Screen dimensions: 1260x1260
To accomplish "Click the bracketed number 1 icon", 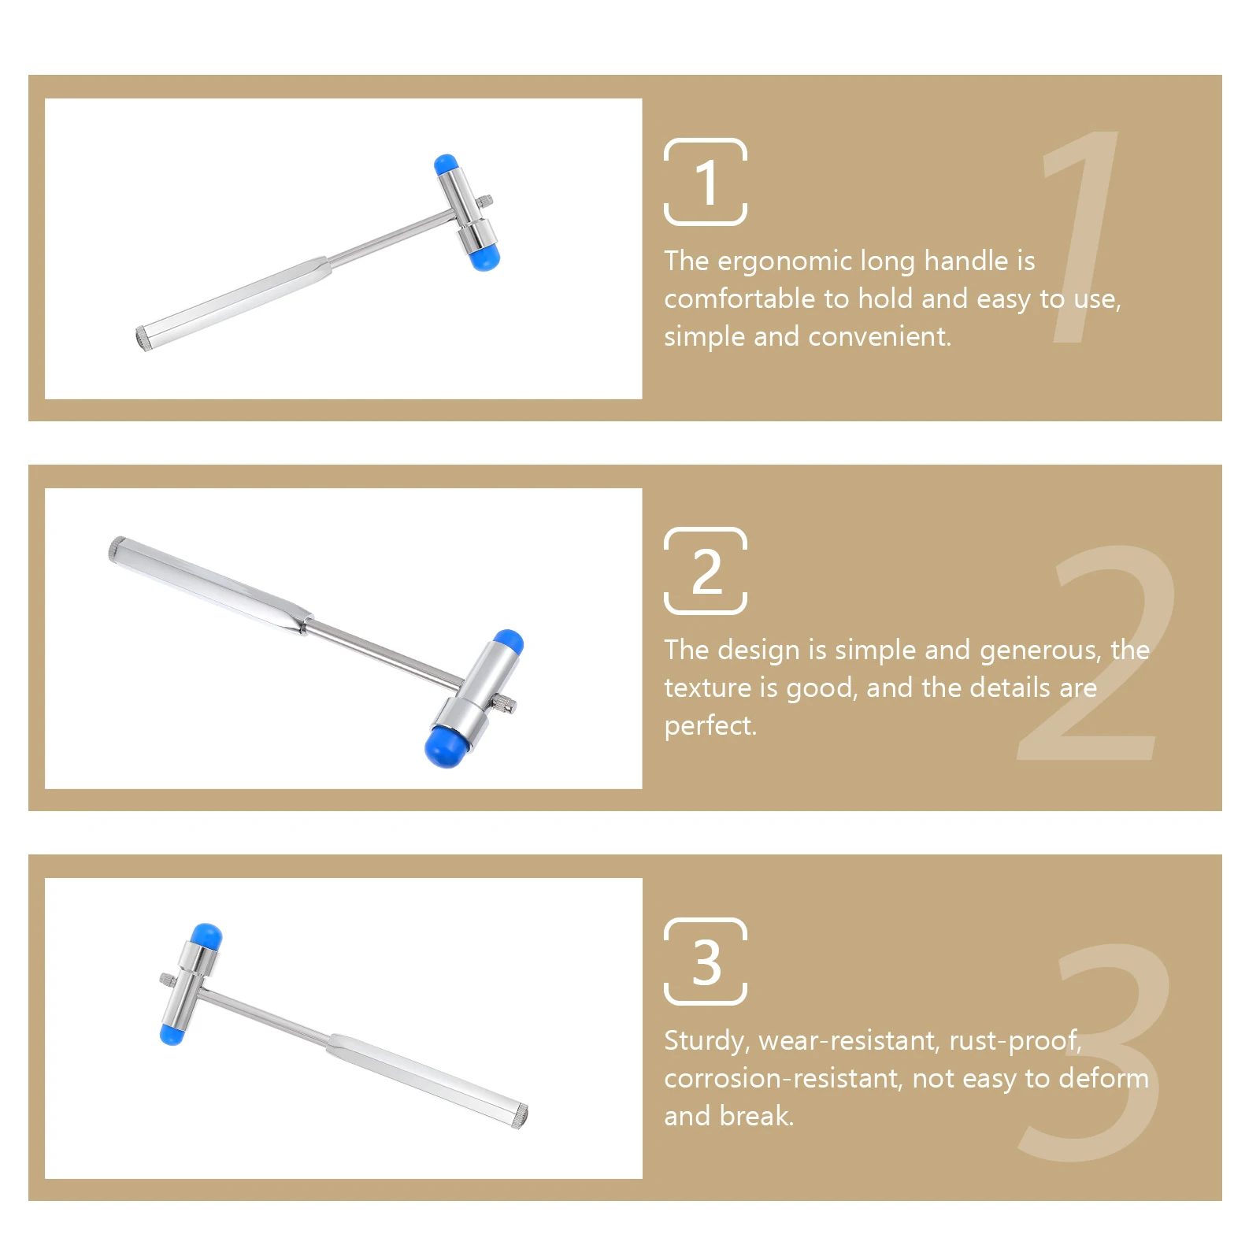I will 705,182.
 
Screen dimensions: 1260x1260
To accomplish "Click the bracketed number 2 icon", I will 705,571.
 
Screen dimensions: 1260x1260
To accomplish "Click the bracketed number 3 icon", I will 705,962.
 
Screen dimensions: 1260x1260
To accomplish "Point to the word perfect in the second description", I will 709,726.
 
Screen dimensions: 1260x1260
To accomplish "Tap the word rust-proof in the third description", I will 1014,1041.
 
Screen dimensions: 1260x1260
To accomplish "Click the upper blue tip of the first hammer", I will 446,165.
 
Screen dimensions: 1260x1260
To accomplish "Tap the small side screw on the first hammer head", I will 487,202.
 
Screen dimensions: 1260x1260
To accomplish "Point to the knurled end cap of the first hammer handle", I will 143,339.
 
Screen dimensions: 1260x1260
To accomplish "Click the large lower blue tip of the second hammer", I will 445,747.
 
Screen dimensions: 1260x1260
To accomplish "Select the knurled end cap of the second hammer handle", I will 117,548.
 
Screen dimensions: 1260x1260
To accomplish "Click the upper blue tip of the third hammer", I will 207,936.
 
